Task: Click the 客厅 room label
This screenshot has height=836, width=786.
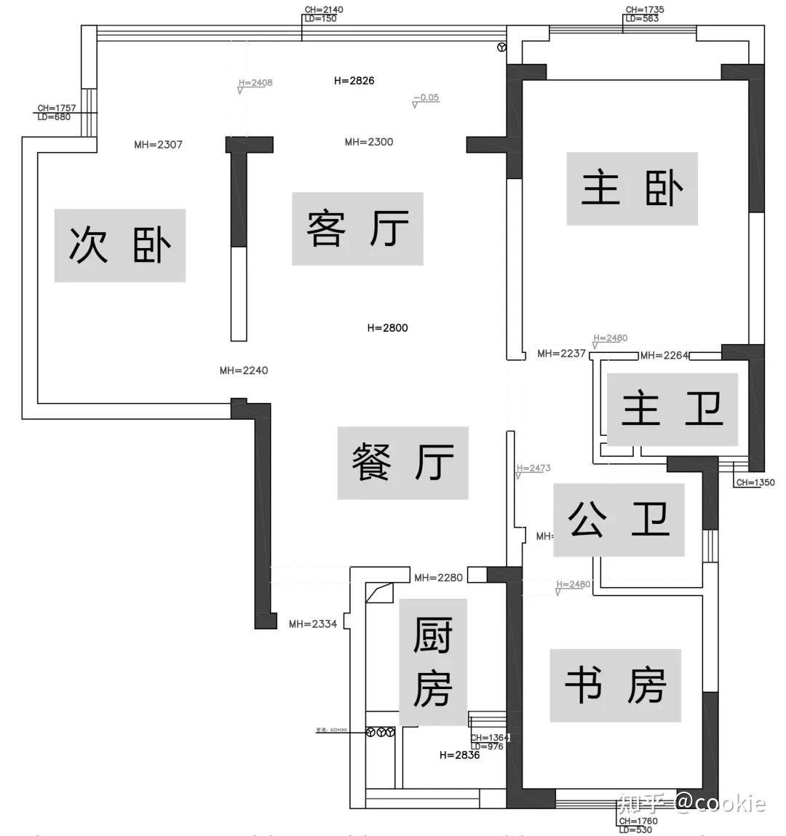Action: (x=357, y=228)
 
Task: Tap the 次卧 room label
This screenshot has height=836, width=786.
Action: (x=120, y=245)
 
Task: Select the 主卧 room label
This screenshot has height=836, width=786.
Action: (x=632, y=188)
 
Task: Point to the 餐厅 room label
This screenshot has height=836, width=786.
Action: (x=402, y=463)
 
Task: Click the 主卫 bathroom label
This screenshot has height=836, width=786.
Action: (x=672, y=409)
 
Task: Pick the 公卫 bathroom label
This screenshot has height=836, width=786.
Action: (x=619, y=519)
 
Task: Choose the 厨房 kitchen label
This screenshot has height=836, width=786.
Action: (x=432, y=662)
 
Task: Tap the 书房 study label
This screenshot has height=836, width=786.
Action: (x=615, y=685)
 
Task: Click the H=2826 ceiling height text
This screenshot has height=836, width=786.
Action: (x=354, y=81)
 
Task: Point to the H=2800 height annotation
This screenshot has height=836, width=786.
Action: (x=387, y=328)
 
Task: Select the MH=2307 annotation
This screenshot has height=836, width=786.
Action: (x=158, y=145)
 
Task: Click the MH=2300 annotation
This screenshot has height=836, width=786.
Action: (x=369, y=142)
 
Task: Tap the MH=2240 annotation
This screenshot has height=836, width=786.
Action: (x=244, y=370)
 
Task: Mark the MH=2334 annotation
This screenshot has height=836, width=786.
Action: (x=313, y=624)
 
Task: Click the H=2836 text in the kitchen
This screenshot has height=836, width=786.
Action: (x=459, y=755)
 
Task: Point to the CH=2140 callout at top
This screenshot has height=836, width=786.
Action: (x=324, y=10)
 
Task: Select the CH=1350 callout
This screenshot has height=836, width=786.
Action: (x=755, y=482)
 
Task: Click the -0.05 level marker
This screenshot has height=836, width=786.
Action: (x=426, y=97)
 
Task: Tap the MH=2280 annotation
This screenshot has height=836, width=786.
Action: (x=438, y=578)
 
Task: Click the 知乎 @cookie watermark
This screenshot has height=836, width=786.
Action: (x=691, y=803)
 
